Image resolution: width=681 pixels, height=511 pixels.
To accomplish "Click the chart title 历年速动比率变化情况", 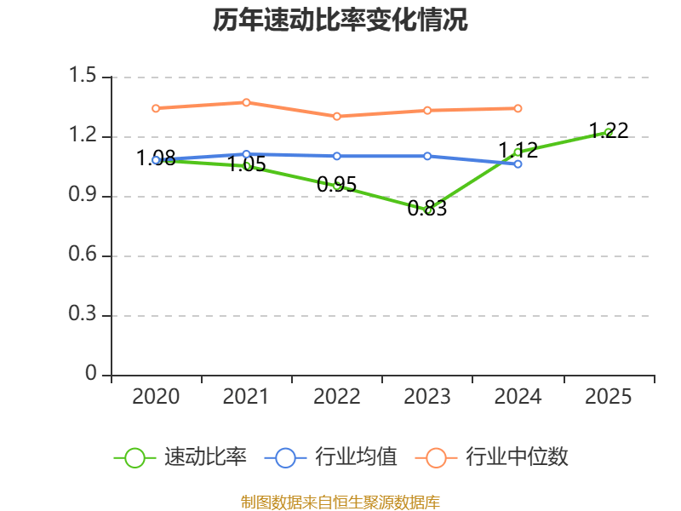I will (340, 21).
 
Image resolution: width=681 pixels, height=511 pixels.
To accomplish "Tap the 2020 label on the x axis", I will (157, 397).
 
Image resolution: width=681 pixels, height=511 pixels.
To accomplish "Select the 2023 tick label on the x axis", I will (427, 397).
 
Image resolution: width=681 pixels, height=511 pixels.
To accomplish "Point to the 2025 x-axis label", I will (609, 397).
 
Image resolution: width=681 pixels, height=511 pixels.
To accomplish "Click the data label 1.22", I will (609, 130).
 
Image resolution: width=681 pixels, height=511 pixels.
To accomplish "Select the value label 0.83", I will (427, 209).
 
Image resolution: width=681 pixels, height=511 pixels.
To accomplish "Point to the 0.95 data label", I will (336, 184).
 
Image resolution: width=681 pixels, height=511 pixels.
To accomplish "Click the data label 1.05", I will (246, 165).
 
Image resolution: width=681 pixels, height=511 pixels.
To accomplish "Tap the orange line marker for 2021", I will (246, 102).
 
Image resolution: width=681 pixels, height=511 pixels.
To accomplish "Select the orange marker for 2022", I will (337, 116).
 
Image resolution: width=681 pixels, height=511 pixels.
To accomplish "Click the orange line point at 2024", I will (518, 108).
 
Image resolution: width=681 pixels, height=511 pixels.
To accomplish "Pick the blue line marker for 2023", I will (427, 156).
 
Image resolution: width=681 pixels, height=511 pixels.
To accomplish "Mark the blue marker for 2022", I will (337, 156).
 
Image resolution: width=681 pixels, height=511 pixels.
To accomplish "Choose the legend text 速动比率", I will (205, 457).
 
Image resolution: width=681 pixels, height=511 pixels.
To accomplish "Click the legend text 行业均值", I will (356, 457).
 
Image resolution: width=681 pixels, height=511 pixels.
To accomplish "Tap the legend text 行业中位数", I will (516, 457).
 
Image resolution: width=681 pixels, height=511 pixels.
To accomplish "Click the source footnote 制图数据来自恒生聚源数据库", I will (340, 502).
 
